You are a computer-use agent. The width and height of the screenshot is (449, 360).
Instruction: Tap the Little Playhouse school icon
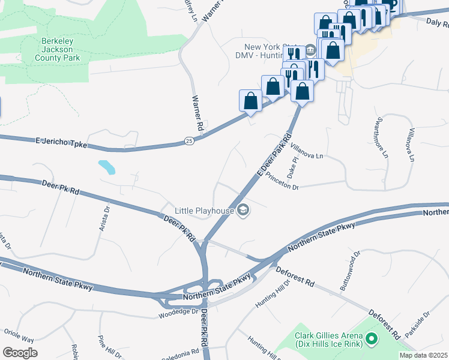[x=243, y=209]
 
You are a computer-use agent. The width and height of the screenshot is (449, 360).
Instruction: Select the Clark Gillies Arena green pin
[x=371, y=340]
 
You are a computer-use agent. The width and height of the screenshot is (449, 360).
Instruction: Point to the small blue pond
[x=106, y=166]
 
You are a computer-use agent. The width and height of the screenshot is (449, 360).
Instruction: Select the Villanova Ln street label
[x=306, y=150]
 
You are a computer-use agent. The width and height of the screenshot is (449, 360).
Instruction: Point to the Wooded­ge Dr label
[x=178, y=313]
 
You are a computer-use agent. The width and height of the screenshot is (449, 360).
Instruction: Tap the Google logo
[x=20, y=352]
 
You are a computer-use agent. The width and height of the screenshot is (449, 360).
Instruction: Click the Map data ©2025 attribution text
[x=423, y=355]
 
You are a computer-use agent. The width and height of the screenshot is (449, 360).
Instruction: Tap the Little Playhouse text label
[x=204, y=211]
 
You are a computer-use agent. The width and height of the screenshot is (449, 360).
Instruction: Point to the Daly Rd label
[x=437, y=23]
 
